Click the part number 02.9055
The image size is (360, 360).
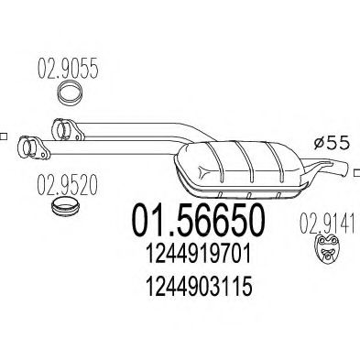[x=68, y=69]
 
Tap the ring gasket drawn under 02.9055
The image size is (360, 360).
[x=71, y=93]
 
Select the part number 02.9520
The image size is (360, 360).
[x=67, y=185]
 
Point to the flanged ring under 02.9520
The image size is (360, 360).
[x=65, y=207]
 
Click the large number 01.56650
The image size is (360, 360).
[x=198, y=221]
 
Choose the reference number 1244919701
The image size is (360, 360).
[x=199, y=255]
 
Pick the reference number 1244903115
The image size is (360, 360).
[x=199, y=286]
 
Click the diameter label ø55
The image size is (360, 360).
[x=332, y=143]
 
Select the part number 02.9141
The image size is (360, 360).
[x=327, y=224]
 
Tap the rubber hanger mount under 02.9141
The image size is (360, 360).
[x=327, y=250]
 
